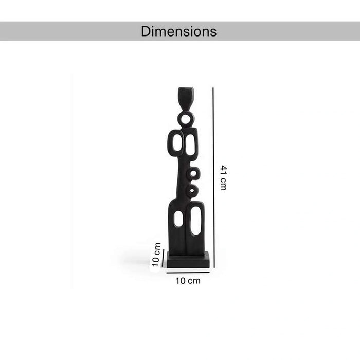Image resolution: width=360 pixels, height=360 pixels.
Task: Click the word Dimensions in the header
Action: point(178,31)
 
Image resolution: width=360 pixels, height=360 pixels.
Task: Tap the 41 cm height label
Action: point(223,178)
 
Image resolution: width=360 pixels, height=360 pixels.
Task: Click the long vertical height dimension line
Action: point(213,177)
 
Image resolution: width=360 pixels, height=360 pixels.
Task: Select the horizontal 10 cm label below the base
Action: point(188,281)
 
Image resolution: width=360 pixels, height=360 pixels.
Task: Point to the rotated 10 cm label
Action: point(156,255)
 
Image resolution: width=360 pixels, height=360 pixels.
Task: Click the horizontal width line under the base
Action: point(188,273)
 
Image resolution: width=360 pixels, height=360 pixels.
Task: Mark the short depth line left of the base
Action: point(163,259)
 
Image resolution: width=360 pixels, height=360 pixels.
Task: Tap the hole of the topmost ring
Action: point(186,119)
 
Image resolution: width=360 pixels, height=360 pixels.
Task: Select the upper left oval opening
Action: point(177,142)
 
